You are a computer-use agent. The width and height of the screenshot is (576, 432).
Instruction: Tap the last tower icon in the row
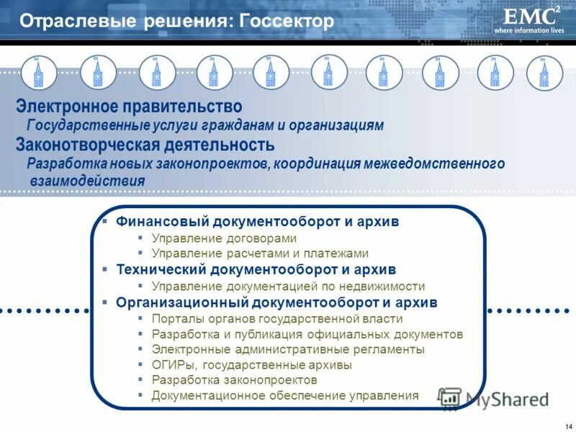coord(544,73)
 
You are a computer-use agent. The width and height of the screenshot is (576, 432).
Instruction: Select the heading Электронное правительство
coord(129,107)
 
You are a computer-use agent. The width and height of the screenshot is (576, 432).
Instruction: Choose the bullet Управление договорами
coord(224,238)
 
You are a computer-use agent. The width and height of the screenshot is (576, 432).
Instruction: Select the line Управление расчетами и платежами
coord(260,253)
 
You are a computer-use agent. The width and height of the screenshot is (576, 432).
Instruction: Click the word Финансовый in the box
coord(156,222)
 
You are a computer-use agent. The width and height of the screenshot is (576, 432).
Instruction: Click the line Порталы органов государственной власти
coord(277,318)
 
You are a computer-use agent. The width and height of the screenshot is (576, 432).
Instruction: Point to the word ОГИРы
coord(171,364)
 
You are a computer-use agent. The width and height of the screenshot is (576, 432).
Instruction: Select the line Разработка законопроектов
coord(234,379)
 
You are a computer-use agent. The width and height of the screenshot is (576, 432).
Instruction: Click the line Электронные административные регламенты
coord(288,349)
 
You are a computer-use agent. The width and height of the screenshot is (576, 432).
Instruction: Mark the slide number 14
coord(568,423)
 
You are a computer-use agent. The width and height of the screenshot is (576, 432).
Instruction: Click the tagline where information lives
coord(528,31)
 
